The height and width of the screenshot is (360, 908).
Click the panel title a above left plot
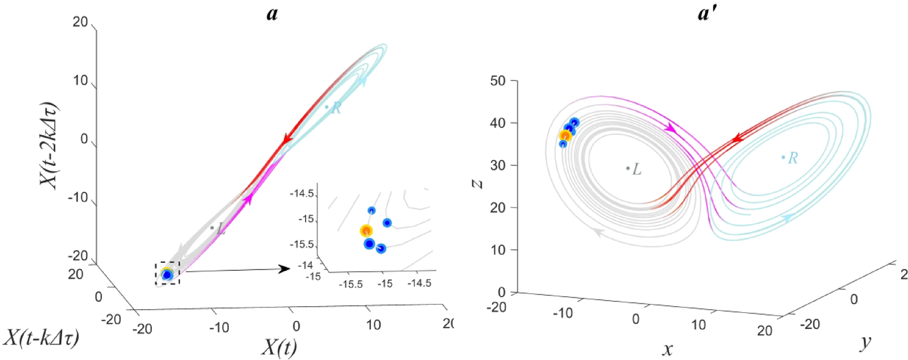pyautogui.click(x=272, y=12)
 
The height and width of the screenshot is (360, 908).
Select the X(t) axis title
pyautogui.click(x=279, y=347)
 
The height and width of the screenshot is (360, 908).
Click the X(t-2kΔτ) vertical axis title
pyautogui.click(x=49, y=145)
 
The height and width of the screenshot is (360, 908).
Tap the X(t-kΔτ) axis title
pyautogui.click(x=42, y=337)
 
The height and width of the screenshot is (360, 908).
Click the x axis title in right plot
pyautogui.click(x=667, y=349)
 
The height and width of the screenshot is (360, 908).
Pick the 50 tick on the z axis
pyautogui.click(x=498, y=81)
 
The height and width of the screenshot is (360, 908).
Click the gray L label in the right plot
pyautogui.click(x=637, y=169)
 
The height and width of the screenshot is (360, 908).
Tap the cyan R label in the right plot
pyautogui.click(x=793, y=158)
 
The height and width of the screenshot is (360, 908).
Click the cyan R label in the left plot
pyautogui.click(x=336, y=109)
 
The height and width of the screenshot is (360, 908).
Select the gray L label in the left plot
pyautogui.click(x=221, y=229)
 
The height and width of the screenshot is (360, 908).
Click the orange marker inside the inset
pyautogui.click(x=366, y=231)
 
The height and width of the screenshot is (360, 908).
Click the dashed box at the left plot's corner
pyautogui.click(x=167, y=273)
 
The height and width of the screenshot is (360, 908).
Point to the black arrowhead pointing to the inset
pyautogui.click(x=284, y=269)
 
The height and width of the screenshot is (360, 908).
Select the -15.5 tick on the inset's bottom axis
pyautogui.click(x=352, y=284)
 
